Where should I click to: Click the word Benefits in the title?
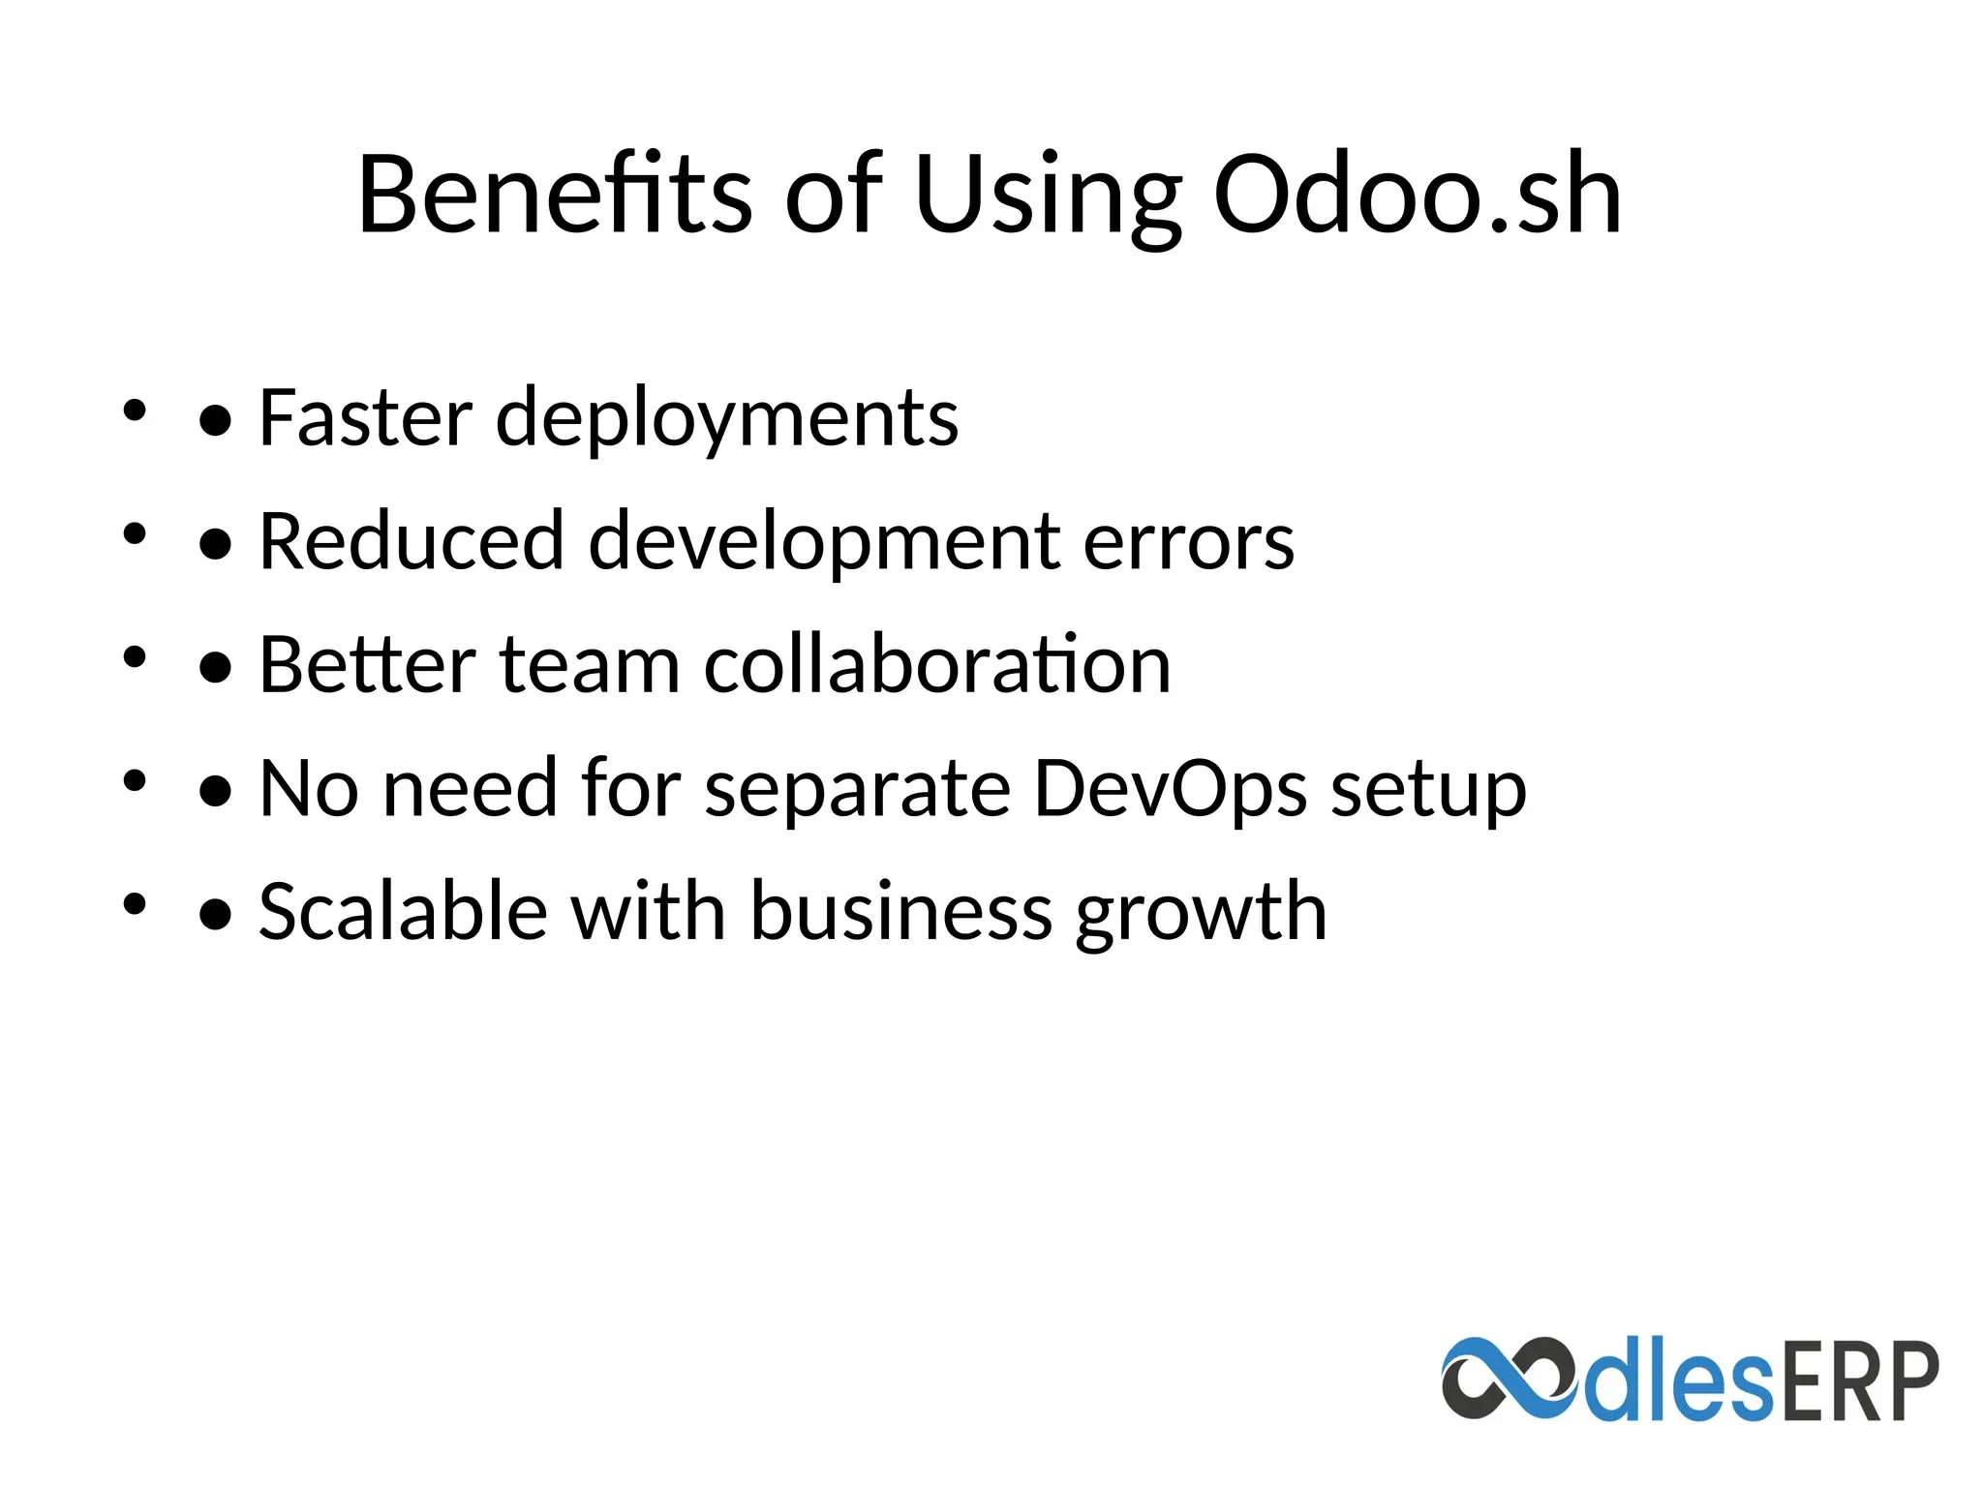(x=554, y=196)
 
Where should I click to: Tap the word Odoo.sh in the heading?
(x=1417, y=196)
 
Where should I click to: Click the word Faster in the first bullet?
(x=365, y=417)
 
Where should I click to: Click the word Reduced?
(x=412, y=540)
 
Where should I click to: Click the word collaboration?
(x=937, y=665)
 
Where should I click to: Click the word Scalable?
(x=403, y=911)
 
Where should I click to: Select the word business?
(x=901, y=911)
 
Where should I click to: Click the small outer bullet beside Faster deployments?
(x=135, y=410)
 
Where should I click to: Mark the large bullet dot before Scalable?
(x=215, y=914)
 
